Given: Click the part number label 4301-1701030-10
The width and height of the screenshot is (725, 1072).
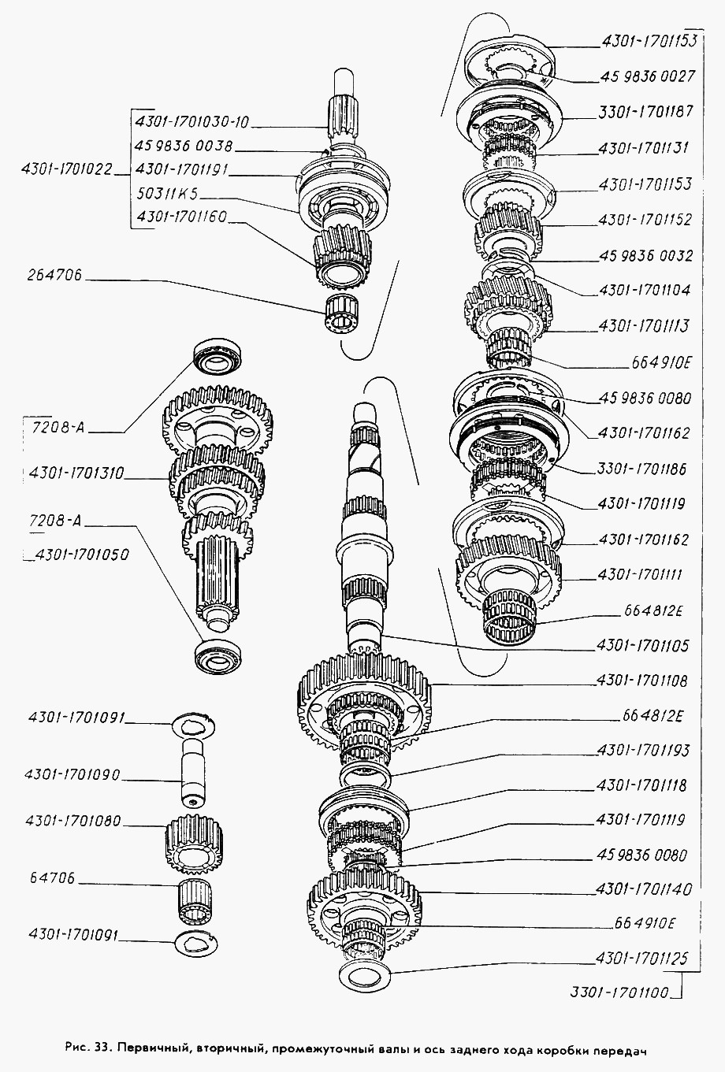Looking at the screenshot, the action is [192, 123].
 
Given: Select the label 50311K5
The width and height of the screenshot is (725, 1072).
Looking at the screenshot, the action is [167, 193].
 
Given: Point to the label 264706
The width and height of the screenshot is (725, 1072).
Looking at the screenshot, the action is [54, 275].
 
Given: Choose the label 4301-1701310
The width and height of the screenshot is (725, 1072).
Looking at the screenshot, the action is [76, 473].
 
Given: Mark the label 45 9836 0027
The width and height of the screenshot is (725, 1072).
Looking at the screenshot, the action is [647, 76].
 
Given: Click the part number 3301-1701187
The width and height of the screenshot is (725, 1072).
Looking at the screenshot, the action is [645, 112].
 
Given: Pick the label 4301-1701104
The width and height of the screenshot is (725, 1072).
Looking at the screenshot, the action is [645, 290].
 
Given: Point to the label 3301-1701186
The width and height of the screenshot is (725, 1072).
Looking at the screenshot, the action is [641, 469].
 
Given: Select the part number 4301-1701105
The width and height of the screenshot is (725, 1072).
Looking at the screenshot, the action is [642, 646].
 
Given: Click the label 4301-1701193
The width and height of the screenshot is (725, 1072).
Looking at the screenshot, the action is [642, 751].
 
